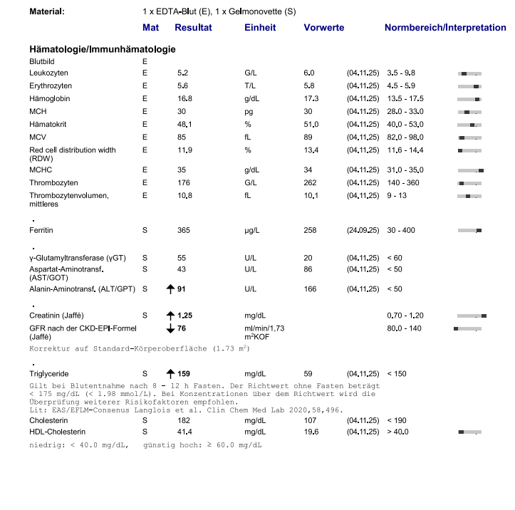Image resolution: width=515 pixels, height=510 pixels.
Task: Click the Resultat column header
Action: [x=193, y=28]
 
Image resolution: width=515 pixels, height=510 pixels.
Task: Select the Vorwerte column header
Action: [x=323, y=28]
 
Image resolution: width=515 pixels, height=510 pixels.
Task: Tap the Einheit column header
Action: [x=260, y=28]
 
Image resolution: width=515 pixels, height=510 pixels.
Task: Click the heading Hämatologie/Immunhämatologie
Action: [x=102, y=49]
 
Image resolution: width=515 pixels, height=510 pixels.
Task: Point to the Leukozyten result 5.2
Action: [x=183, y=73]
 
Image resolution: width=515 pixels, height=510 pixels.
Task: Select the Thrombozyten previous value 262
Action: [x=310, y=183]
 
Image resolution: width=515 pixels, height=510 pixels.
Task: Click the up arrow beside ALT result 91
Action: [x=170, y=289]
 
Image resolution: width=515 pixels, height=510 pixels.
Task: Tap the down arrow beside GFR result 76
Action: [x=170, y=328]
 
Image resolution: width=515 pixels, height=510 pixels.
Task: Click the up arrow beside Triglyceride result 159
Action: [x=170, y=373]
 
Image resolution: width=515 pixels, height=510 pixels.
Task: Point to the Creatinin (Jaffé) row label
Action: [x=58, y=316]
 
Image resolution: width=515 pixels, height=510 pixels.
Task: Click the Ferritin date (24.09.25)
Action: [x=363, y=231]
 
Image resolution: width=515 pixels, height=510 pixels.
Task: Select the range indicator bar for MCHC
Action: [x=470, y=170]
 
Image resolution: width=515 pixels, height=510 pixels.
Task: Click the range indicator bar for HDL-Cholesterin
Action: [x=470, y=432]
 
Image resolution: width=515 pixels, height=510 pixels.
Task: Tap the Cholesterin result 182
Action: [x=184, y=421]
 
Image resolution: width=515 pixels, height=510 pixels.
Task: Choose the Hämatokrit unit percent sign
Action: [x=248, y=124]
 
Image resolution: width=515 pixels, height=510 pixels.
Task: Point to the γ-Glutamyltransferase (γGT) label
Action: [x=77, y=257]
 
